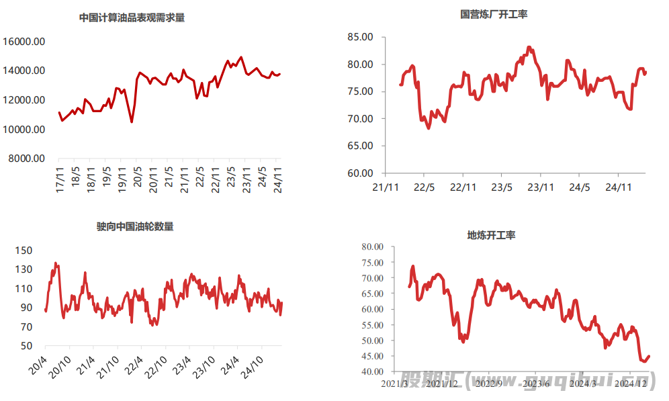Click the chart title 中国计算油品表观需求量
(132, 18)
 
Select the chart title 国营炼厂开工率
(494, 14)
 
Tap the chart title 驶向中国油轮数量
(135, 227)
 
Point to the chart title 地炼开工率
(491, 235)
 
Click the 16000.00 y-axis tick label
(24, 42)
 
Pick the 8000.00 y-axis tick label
(26, 159)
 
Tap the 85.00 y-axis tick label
(360, 38)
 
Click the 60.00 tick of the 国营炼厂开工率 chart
(360, 173)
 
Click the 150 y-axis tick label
(24, 251)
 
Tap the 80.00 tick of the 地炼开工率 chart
(371, 247)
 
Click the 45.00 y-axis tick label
(371, 356)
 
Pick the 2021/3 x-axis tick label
(395, 384)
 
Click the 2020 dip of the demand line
(132, 122)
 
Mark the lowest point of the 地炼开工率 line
(643, 361)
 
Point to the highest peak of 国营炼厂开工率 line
(529, 47)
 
